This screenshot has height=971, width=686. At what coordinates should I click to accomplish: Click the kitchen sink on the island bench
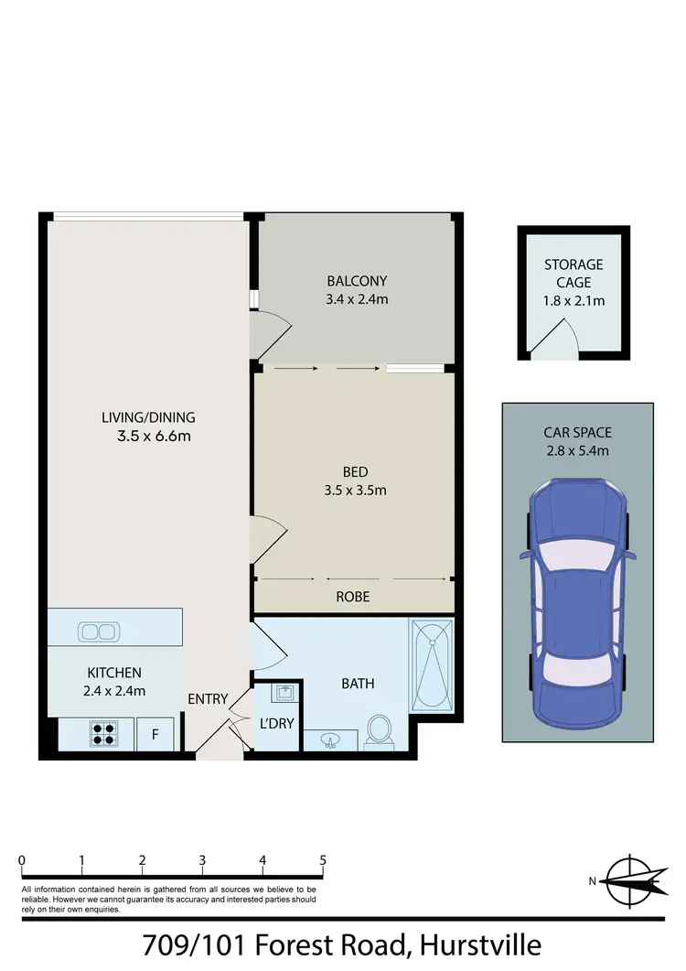click(96, 631)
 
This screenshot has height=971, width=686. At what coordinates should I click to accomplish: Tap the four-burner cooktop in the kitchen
click(102, 734)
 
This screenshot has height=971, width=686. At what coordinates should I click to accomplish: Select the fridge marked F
click(155, 735)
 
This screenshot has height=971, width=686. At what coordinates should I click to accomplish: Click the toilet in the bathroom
click(378, 730)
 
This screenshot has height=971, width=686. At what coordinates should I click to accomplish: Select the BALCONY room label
click(357, 281)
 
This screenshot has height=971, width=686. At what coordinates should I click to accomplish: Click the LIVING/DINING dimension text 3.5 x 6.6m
click(154, 437)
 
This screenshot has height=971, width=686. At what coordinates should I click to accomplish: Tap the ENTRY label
click(208, 699)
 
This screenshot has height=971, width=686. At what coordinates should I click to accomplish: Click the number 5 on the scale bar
click(323, 861)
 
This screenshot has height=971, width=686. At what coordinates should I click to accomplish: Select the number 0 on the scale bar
click(21, 861)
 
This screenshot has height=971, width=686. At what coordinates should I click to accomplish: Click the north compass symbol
click(632, 881)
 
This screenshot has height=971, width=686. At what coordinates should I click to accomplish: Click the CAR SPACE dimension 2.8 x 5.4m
click(577, 449)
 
